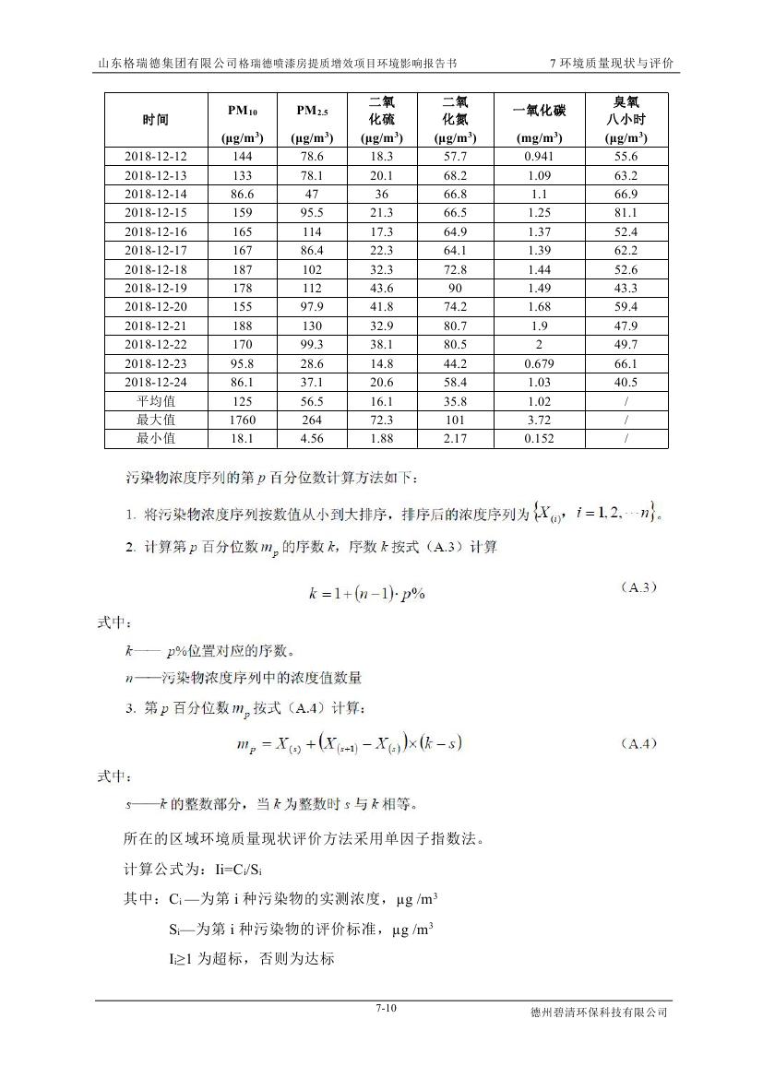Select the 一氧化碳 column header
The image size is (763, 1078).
coord(539,112)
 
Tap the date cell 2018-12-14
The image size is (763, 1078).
coord(156,195)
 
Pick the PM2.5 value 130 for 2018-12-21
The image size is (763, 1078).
coord(312,326)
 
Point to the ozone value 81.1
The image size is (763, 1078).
coord(626,213)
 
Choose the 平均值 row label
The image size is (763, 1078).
coord(156,401)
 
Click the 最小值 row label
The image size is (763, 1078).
coord(156,438)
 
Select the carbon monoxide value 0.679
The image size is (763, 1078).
coord(539,363)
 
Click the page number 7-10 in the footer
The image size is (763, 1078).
coord(386,1008)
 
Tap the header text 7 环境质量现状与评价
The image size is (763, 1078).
coord(611,64)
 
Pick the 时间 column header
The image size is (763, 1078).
coord(156,120)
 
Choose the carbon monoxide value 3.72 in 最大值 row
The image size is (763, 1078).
coord(539,420)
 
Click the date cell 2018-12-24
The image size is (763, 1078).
coord(156,382)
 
